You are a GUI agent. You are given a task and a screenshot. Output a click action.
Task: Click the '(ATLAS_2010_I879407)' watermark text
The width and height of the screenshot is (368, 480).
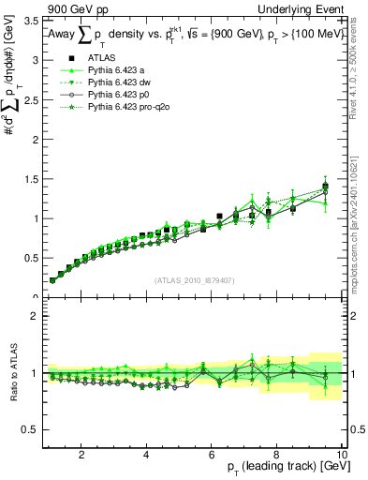[194, 279]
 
